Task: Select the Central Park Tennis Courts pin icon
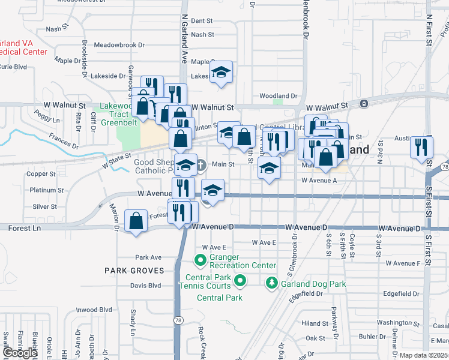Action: click(x=240, y=280)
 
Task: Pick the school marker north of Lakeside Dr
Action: click(x=221, y=73)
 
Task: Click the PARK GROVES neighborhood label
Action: click(x=133, y=271)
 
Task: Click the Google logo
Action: click(x=19, y=353)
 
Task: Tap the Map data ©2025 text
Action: click(x=424, y=355)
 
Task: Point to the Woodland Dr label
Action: click(x=278, y=96)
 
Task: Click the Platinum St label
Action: click(x=43, y=190)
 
